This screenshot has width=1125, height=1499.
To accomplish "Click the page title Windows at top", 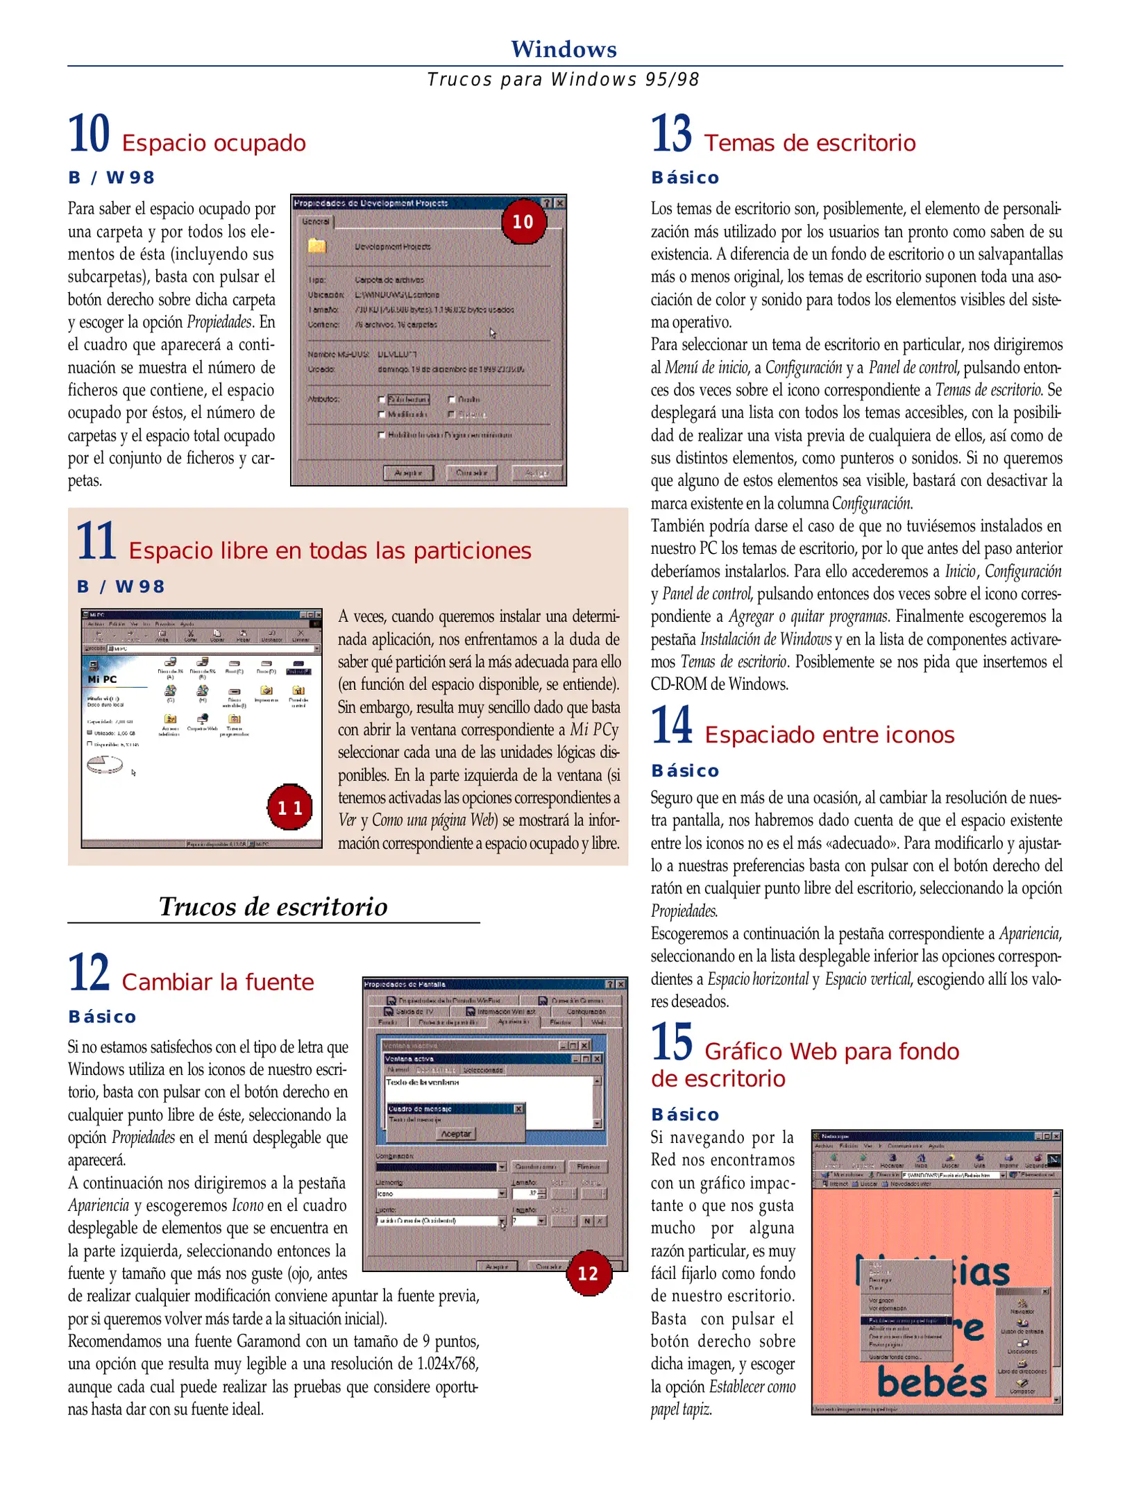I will (x=563, y=49).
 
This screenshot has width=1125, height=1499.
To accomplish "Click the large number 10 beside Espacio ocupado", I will (x=89, y=134).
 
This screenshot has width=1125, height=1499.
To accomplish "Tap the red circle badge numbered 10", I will (x=523, y=221).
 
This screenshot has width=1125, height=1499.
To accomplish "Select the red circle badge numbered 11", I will (x=289, y=807).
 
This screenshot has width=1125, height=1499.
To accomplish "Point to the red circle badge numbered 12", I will (x=588, y=1273).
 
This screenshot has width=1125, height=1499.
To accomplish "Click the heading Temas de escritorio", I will (x=809, y=143).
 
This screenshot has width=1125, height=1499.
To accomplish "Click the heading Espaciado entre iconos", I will (x=829, y=734).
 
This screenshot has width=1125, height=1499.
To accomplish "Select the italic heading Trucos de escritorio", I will (x=273, y=906).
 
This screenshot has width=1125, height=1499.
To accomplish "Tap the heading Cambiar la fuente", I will (x=217, y=982).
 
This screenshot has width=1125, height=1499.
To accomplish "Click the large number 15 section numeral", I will (x=671, y=1042).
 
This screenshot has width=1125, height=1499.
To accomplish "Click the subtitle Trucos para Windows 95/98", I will (x=563, y=80).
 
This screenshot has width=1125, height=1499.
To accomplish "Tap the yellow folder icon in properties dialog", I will (x=317, y=246).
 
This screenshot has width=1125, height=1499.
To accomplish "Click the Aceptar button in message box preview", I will (x=456, y=1133).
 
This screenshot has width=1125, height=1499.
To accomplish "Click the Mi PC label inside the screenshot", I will (x=102, y=679).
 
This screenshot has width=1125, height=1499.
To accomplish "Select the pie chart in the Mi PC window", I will (x=105, y=764).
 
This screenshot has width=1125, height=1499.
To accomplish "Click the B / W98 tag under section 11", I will (x=121, y=586).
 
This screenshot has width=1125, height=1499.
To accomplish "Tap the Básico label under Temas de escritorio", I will (x=684, y=178).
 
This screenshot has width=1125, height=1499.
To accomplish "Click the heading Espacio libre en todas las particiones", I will (x=330, y=550).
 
